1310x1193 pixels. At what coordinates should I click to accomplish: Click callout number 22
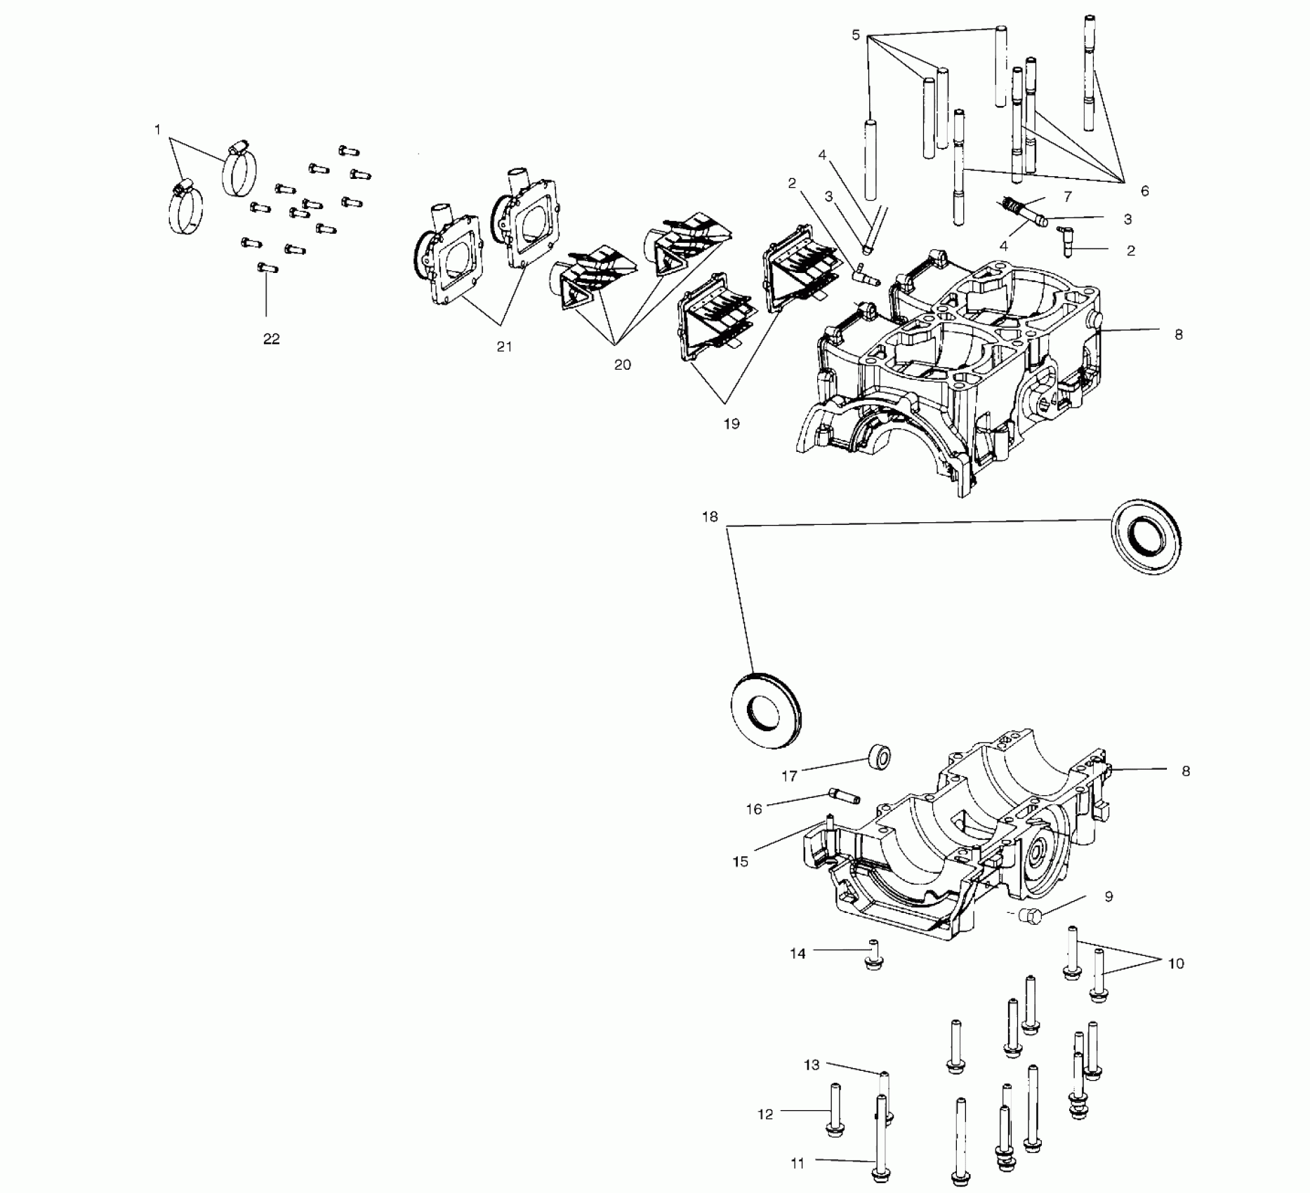tap(271, 339)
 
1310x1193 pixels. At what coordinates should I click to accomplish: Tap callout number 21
tap(504, 346)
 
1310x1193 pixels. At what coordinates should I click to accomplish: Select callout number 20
tap(622, 365)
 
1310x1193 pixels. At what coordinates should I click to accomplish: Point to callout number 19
tap(732, 424)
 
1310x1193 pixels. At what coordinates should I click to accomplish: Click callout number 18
tap(710, 517)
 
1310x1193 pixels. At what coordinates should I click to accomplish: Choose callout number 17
tap(789, 776)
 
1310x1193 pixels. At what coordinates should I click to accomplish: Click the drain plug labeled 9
tap(1030, 914)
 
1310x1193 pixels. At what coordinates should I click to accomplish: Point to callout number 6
tap(1144, 191)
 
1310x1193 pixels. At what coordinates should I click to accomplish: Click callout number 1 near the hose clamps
tap(157, 130)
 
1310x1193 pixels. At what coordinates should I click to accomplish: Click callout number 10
tap(1176, 964)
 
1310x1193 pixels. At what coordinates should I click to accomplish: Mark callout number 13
tap(812, 1065)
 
